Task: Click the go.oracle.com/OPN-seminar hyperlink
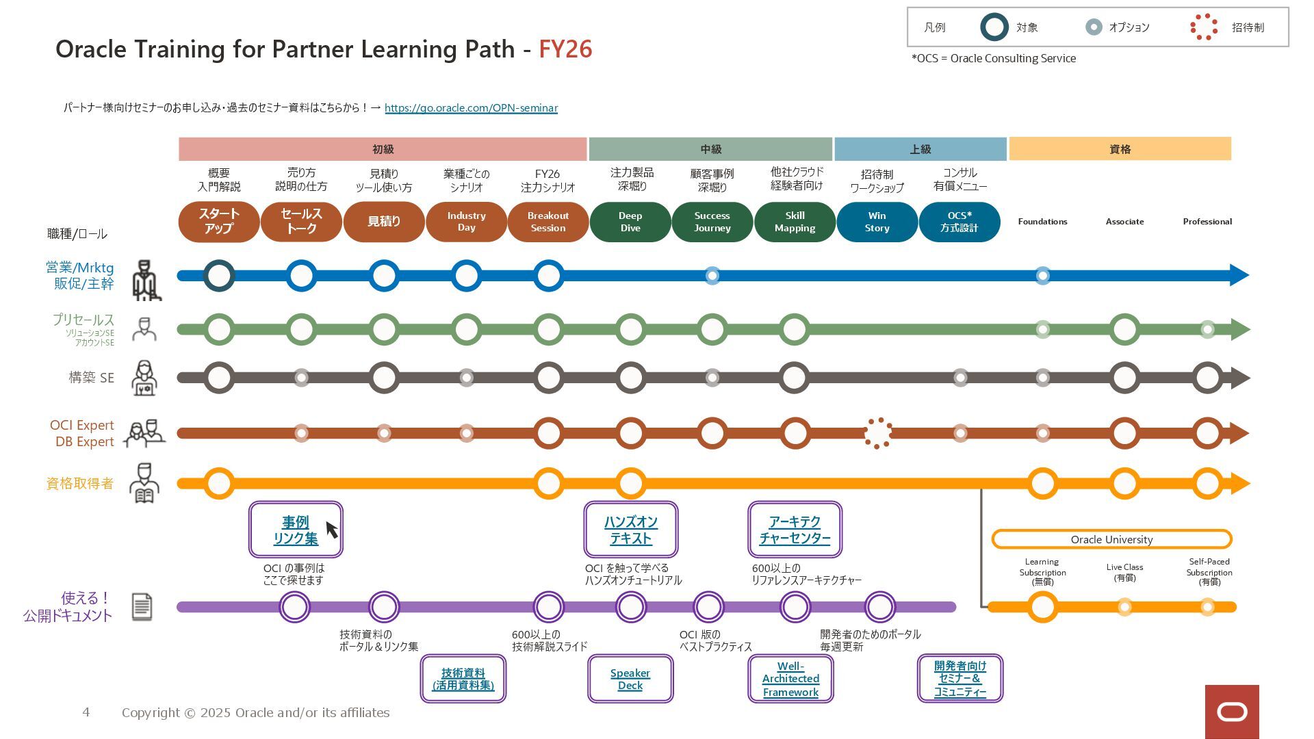click(x=471, y=108)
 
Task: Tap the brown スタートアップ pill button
click(x=219, y=222)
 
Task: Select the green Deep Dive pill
click(x=630, y=222)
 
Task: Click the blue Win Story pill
click(x=877, y=222)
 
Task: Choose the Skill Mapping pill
click(x=795, y=222)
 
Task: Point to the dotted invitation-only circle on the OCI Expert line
click(x=877, y=433)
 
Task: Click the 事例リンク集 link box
click(x=296, y=530)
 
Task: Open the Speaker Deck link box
click(x=630, y=679)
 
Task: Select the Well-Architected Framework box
click(x=790, y=679)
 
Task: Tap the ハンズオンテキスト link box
click(x=630, y=530)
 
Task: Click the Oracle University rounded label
click(x=1111, y=539)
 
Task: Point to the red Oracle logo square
click(x=1232, y=712)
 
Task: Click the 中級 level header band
click(x=710, y=149)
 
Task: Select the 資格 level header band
click(x=1120, y=149)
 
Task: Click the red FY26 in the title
click(x=565, y=49)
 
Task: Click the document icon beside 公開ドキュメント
click(x=142, y=607)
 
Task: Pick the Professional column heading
click(x=1207, y=222)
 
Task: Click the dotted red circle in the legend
click(x=1204, y=27)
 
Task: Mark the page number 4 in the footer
click(x=86, y=712)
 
